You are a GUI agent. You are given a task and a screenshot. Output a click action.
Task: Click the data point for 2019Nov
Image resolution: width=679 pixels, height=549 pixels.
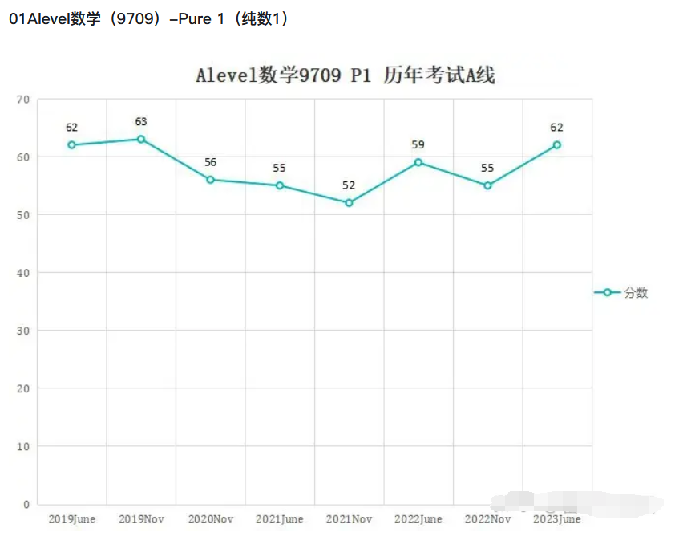tap(141, 139)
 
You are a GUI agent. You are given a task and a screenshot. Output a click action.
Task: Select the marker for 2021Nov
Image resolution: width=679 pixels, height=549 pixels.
tap(349, 203)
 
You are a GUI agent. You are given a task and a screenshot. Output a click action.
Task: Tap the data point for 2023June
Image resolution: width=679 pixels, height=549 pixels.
tap(556, 145)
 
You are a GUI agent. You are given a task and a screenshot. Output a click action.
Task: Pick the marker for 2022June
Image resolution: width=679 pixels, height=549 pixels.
tap(418, 162)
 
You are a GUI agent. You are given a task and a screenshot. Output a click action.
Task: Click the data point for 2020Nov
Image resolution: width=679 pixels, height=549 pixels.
tap(210, 180)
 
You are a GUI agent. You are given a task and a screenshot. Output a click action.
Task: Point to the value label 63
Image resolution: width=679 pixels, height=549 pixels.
tap(141, 122)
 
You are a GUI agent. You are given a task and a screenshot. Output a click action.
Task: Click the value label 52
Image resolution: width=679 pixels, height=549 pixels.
tap(349, 185)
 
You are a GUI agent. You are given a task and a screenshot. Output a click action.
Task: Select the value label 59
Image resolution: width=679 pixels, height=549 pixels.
tap(418, 145)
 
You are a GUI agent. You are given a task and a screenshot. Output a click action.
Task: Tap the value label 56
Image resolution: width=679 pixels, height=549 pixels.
tap(210, 162)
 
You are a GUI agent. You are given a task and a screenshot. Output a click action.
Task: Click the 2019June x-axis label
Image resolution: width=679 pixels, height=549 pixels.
tap(72, 519)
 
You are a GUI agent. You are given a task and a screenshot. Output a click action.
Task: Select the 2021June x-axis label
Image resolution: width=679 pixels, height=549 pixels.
tap(280, 519)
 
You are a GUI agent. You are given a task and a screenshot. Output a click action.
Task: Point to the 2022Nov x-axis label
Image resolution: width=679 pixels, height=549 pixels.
tap(487, 519)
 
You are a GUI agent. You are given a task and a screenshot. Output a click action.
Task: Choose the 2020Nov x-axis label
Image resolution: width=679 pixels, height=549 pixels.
tap(211, 519)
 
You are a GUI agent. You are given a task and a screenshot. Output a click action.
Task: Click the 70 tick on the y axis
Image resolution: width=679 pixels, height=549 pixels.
tap(22, 100)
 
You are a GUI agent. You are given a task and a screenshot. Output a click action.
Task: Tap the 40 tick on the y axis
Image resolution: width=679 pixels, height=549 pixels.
tap(22, 273)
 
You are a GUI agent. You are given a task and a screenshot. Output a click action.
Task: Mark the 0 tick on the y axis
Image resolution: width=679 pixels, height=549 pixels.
tap(26, 504)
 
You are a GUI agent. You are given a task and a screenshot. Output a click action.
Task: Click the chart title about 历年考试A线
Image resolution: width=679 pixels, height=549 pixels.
tap(345, 76)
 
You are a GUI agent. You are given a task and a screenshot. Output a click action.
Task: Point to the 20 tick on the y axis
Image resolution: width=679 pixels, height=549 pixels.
tap(22, 388)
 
